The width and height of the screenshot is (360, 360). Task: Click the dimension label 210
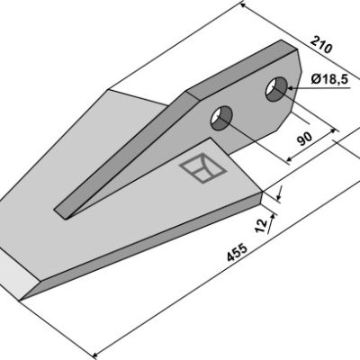(x=321, y=44)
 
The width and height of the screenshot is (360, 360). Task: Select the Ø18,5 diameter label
(x=329, y=79)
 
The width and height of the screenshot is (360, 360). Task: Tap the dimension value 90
(x=304, y=139)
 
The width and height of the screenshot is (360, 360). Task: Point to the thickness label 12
(x=261, y=225)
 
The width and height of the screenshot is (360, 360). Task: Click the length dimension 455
(x=237, y=252)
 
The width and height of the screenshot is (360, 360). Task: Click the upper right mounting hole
(x=276, y=89)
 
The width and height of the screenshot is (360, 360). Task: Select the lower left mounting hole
(x=221, y=118)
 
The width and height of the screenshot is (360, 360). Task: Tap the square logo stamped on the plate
(x=202, y=168)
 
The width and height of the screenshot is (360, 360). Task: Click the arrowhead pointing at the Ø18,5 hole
(x=292, y=88)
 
